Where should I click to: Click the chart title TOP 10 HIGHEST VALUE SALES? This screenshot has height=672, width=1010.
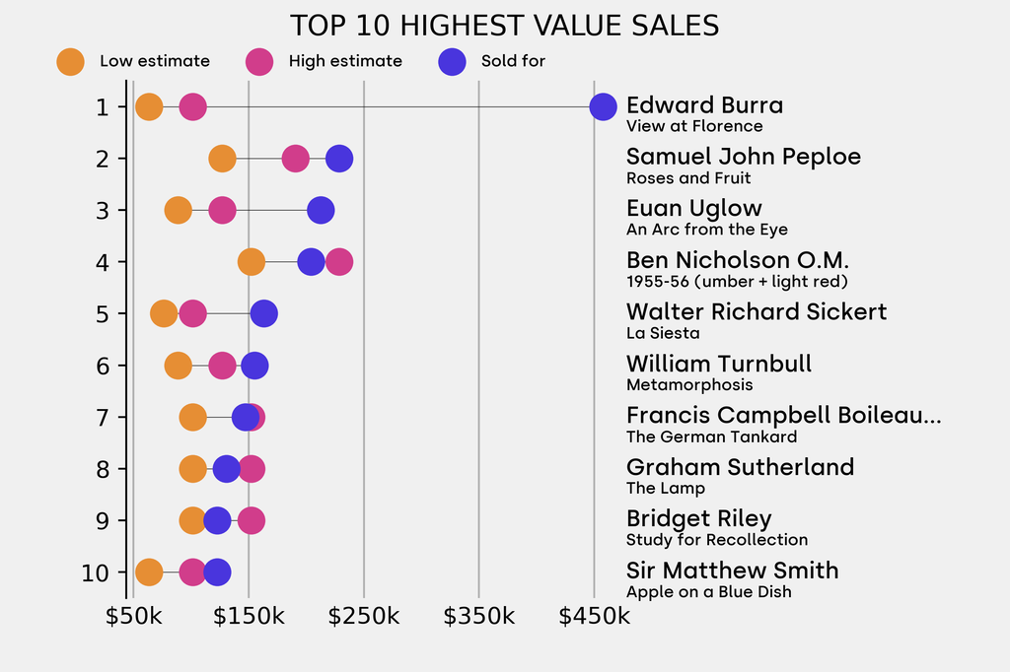pyautogui.click(x=504, y=26)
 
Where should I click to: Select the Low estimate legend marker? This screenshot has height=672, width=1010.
pyautogui.click(x=71, y=61)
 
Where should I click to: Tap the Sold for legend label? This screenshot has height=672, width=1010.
pyautogui.click(x=513, y=61)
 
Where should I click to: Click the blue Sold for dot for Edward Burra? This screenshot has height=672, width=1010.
pyautogui.click(x=603, y=106)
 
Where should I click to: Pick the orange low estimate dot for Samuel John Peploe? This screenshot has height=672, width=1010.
pyautogui.click(x=223, y=159)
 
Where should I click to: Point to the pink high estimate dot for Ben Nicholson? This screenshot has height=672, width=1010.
pyautogui.click(x=338, y=262)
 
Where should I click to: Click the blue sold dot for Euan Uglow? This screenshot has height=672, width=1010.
pyautogui.click(x=320, y=210)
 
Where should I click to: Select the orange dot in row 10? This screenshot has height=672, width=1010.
pyautogui.click(x=149, y=572)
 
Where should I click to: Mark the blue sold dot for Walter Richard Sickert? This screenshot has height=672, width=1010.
pyautogui.click(x=263, y=314)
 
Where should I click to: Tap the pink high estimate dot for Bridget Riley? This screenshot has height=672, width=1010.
pyautogui.click(x=252, y=520)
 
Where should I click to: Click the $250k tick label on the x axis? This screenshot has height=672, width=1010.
pyautogui.click(x=364, y=617)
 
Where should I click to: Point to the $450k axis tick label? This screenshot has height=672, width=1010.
pyautogui.click(x=594, y=617)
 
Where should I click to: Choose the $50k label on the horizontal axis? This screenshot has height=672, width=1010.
pyautogui.click(x=133, y=617)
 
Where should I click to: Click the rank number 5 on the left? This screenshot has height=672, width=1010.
pyautogui.click(x=103, y=314)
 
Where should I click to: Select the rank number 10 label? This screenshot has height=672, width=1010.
pyautogui.click(x=97, y=572)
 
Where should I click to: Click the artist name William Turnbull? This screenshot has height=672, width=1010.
pyautogui.click(x=719, y=364)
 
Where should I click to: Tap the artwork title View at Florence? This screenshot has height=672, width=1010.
pyautogui.click(x=694, y=126)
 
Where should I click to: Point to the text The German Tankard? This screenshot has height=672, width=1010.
pyautogui.click(x=711, y=437)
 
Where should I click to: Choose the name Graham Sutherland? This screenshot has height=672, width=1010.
pyautogui.click(x=740, y=467)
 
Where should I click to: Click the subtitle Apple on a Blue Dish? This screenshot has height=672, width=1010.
pyautogui.click(x=708, y=592)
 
